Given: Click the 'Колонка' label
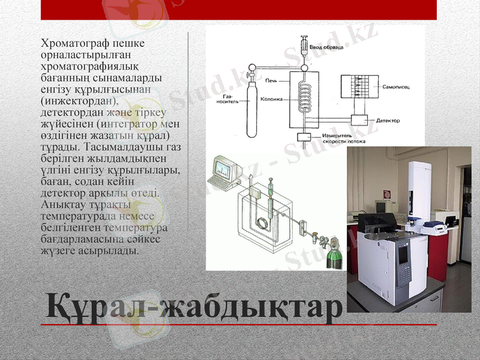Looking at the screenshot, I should [271, 99].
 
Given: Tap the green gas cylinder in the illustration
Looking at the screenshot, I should [332, 254].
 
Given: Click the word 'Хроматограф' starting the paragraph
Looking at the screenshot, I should [71, 43].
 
